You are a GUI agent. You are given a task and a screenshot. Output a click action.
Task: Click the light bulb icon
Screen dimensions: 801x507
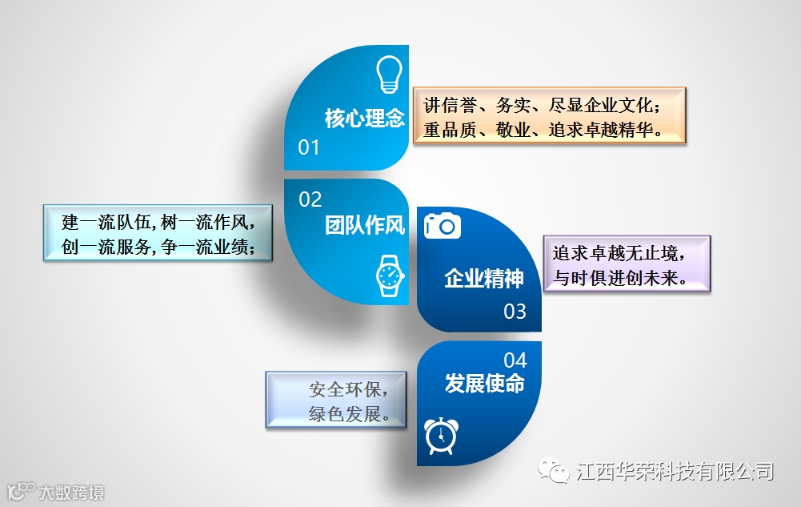(388, 74)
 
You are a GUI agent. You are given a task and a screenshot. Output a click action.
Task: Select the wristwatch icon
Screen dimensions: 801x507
(389, 276)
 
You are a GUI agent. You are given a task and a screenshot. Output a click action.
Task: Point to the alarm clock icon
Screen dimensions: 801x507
(439, 436)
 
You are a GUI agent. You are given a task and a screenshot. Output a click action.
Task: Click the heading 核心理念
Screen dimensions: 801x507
(365, 119)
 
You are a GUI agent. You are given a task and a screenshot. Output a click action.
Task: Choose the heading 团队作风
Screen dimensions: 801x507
(365, 226)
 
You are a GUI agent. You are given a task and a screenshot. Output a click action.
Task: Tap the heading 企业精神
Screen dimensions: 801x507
(484, 279)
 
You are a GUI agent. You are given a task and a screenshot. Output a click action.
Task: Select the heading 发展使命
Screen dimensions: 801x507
(484, 384)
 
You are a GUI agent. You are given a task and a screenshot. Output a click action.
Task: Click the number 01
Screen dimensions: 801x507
(309, 147)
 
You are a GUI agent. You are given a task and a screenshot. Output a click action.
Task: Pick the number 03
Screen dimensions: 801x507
(515, 311)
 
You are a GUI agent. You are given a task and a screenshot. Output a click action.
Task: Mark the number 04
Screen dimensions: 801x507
(515, 360)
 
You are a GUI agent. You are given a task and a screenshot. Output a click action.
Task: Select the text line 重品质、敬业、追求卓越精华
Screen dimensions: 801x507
(543, 129)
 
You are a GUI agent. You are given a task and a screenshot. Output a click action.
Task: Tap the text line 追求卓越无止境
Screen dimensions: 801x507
(619, 253)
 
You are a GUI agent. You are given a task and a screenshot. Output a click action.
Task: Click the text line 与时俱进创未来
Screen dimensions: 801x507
(619, 278)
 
